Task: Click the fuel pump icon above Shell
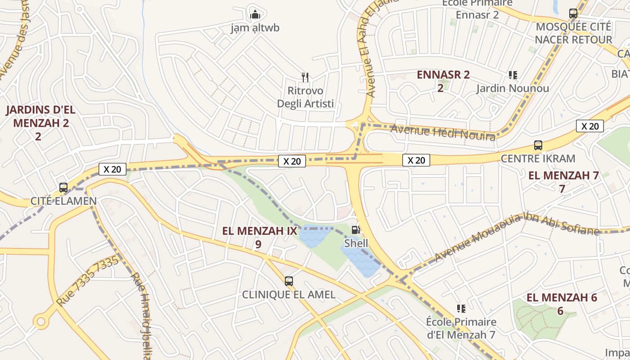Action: click(x=355, y=230)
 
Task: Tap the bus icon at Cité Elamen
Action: click(x=63, y=188)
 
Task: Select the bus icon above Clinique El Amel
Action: click(x=289, y=281)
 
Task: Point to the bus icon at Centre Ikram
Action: click(x=538, y=145)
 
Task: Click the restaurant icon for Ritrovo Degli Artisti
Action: click(x=305, y=77)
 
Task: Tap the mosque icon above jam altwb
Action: click(x=255, y=14)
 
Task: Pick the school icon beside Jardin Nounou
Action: click(x=513, y=75)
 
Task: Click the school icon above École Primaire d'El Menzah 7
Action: click(x=461, y=309)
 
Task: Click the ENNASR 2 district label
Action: click(x=443, y=75)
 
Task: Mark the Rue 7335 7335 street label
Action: click(x=88, y=281)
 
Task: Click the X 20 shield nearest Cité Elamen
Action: click(x=112, y=169)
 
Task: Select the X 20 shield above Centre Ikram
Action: click(x=589, y=126)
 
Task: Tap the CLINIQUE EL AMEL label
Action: click(x=289, y=295)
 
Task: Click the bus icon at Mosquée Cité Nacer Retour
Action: click(x=573, y=13)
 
